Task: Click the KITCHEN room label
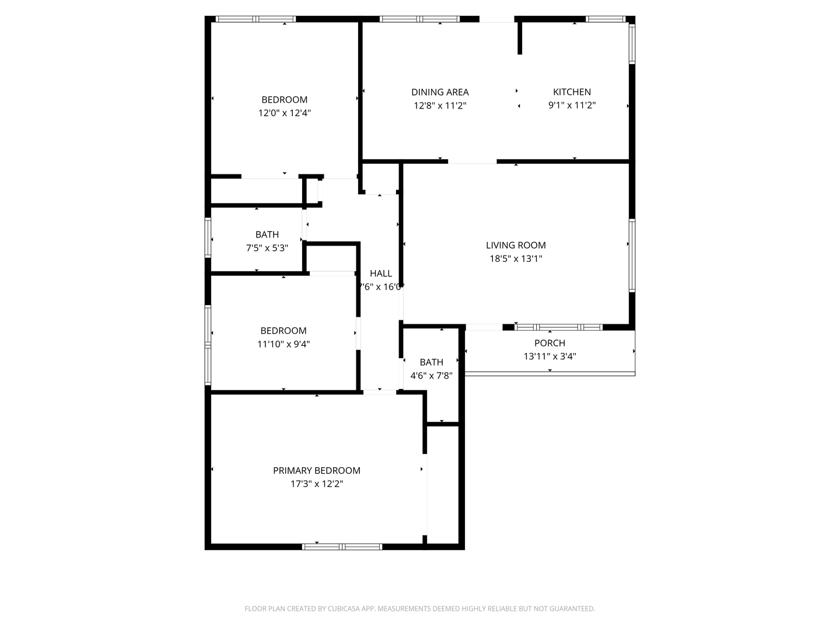pos(572,92)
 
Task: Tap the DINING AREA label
pos(440,92)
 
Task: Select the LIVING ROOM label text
pos(516,246)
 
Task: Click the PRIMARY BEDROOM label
pos(317,471)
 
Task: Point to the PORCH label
pos(549,343)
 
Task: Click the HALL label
pos(381,274)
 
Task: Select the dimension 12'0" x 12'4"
pos(285,113)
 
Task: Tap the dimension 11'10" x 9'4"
pos(283,344)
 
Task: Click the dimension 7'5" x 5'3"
pos(267,248)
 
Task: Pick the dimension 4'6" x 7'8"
pos(432,376)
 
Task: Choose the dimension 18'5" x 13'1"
pos(516,259)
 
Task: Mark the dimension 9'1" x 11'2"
pos(572,106)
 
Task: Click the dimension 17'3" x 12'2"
pos(317,484)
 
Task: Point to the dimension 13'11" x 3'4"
pos(549,356)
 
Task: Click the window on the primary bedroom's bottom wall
pos(342,547)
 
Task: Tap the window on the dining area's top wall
pos(420,19)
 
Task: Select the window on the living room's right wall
pos(632,255)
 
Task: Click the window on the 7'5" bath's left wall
pos(208,237)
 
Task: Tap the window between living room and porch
pos(558,327)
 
